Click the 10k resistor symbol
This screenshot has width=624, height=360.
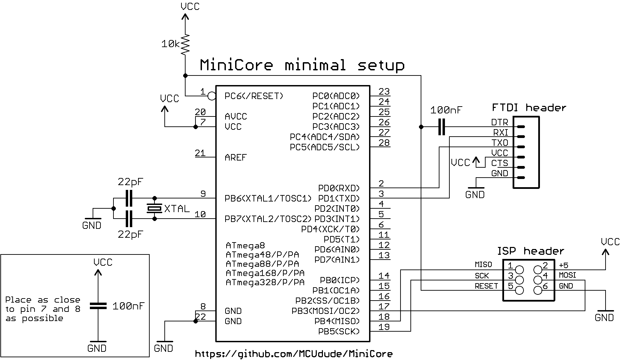pos(185,44)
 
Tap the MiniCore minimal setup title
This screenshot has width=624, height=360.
pos(302,65)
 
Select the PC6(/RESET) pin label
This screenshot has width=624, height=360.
pos(254,96)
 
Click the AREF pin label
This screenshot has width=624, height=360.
pos(235,157)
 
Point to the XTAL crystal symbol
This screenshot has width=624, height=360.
pos(154,208)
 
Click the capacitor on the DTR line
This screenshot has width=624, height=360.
pos(442,127)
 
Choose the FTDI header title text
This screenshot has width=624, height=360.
pos(529,108)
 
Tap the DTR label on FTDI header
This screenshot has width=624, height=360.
pos(499,122)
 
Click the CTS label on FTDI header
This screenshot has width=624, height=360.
pos(499,163)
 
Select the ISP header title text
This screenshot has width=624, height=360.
pos(530,251)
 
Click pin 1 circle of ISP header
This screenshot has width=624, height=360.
pos(519,270)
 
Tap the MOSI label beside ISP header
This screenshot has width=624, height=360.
pos(567,275)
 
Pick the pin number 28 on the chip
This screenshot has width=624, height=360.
pos(384,142)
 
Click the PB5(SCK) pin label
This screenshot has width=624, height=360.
pos(339,331)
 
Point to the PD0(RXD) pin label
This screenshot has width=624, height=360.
pos(339,188)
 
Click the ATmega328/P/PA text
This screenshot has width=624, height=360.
pos(265,282)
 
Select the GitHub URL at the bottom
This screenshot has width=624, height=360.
pos(294,354)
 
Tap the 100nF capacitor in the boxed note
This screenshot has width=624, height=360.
pos(98,306)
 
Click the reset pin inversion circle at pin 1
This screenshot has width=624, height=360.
pos(212,96)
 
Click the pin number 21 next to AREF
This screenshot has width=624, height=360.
pos(200,153)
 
